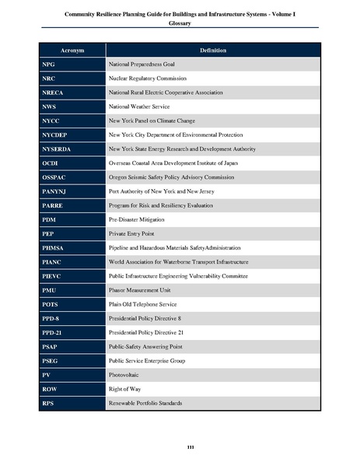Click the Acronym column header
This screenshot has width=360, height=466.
point(72,51)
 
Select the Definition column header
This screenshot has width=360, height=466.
point(212,51)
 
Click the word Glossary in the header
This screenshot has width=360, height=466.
point(180,24)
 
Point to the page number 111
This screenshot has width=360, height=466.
point(180,446)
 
